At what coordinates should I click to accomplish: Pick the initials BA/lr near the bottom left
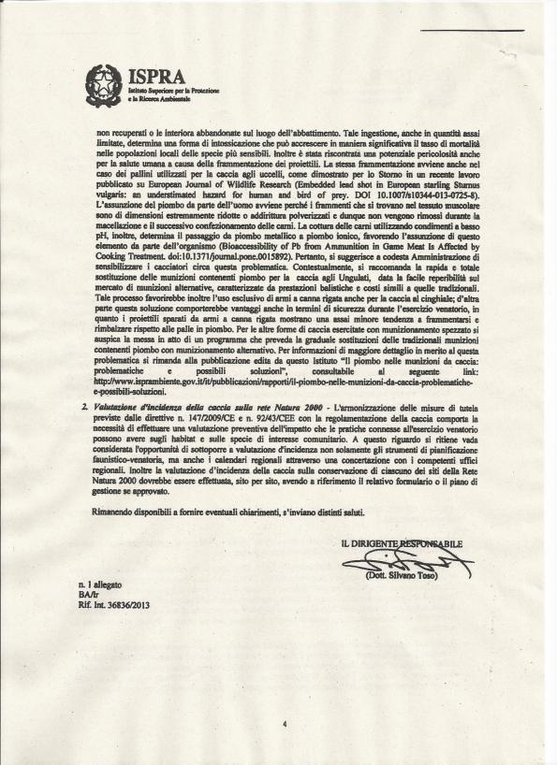[x=88, y=593]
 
